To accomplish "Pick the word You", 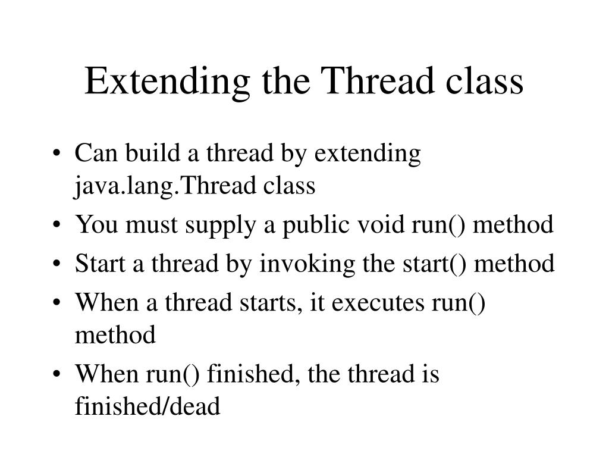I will pyautogui.click(x=94, y=225).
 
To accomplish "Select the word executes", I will pyautogui.click(x=378, y=302).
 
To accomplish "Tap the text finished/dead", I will pyautogui.click(x=147, y=407).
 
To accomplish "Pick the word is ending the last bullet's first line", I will pyautogui.click(x=431, y=375).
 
